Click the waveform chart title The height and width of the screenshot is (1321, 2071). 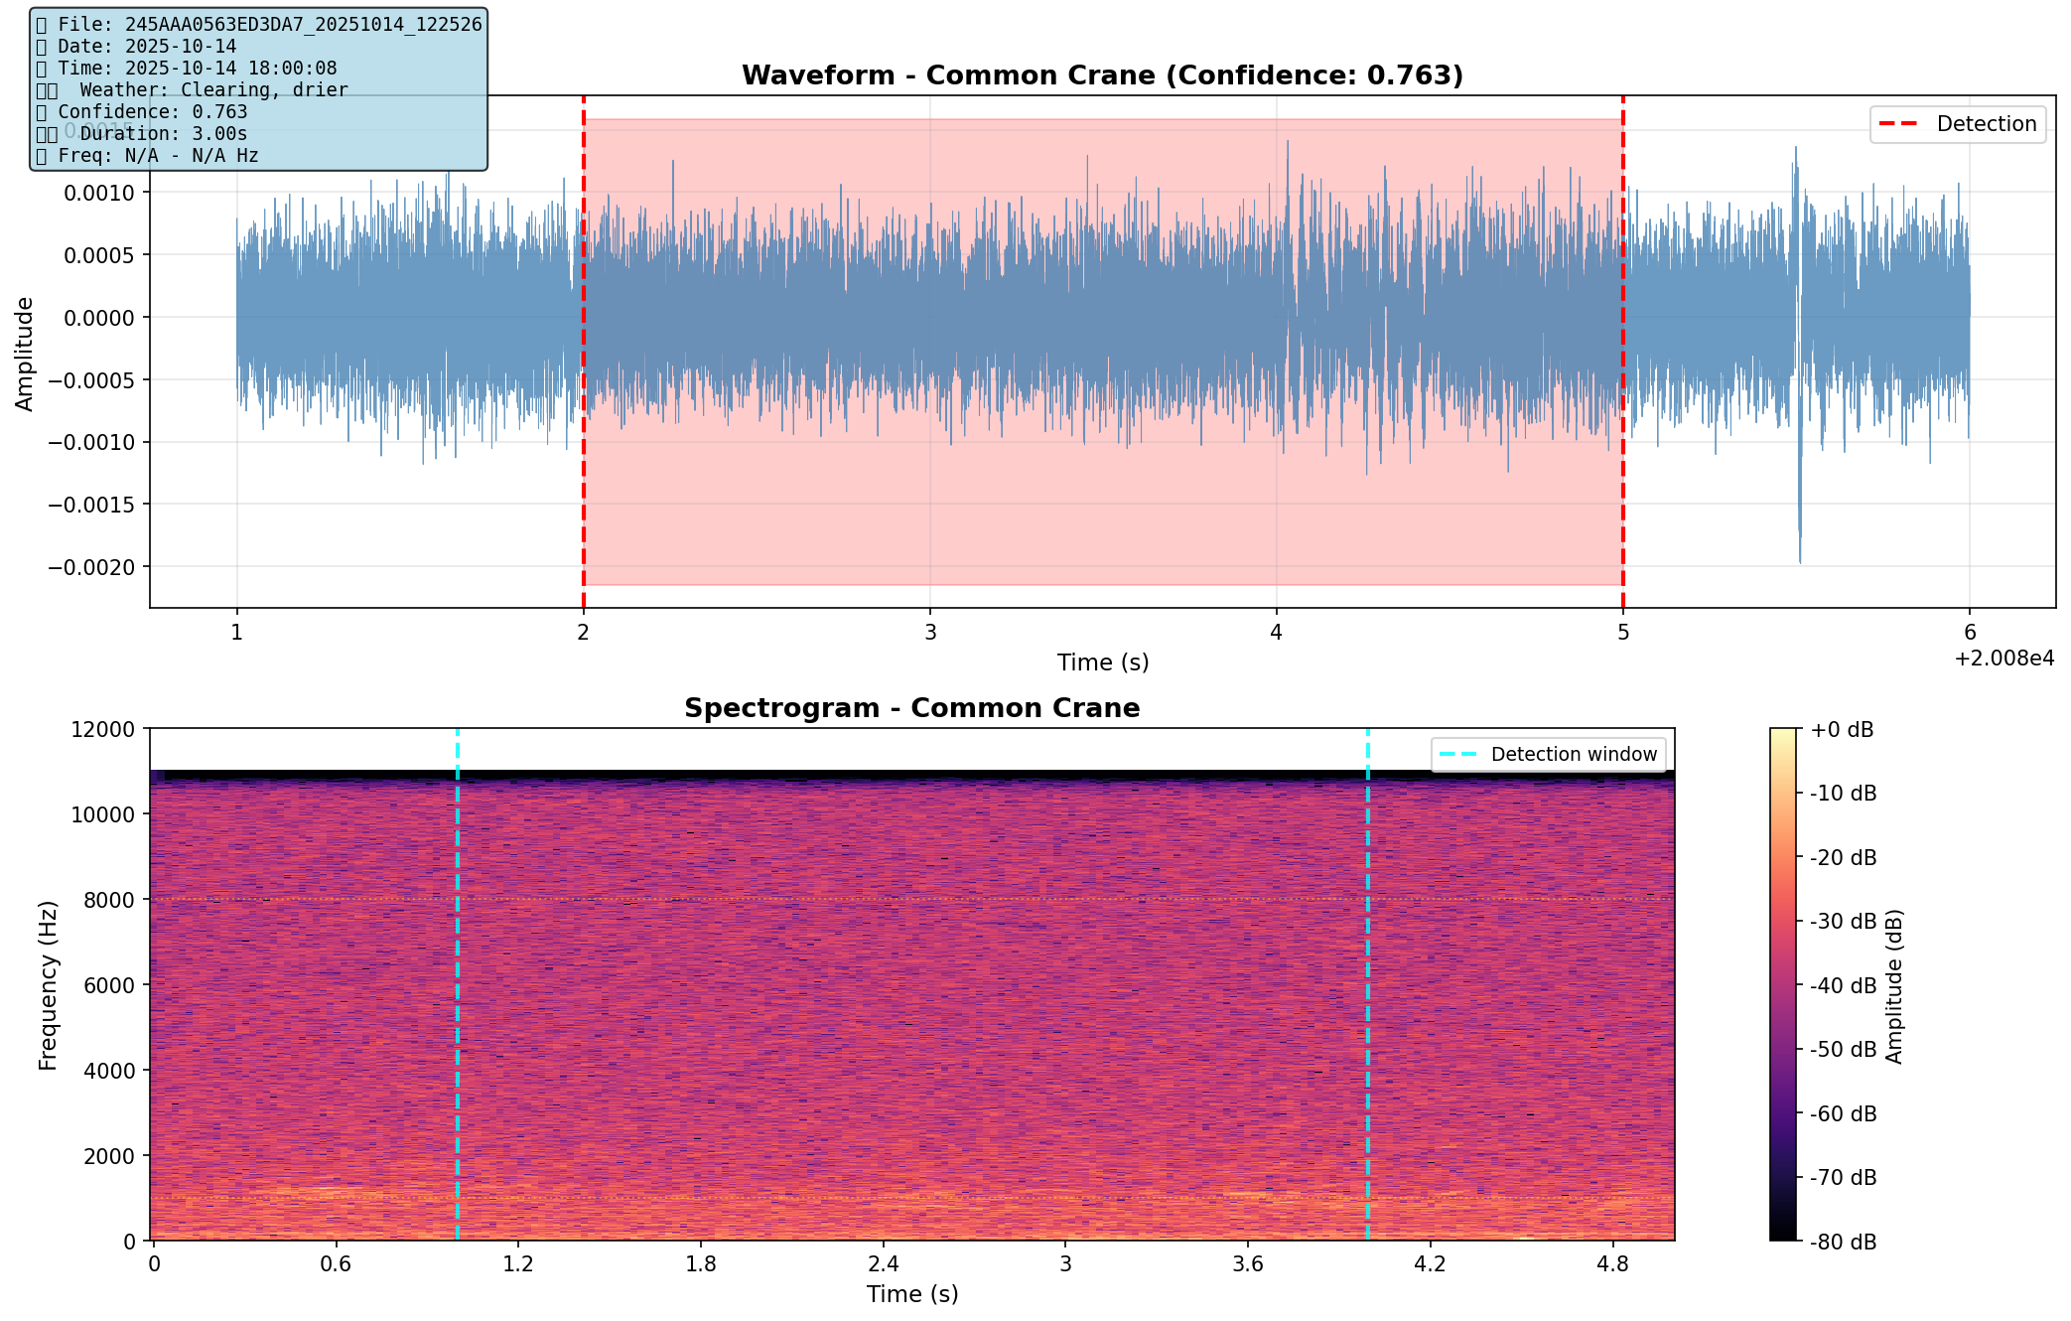[x=1102, y=75]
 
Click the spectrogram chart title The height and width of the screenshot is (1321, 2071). [x=911, y=708]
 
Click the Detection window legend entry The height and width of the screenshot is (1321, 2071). [x=1573, y=755]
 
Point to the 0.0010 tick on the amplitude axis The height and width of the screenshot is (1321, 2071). [x=98, y=193]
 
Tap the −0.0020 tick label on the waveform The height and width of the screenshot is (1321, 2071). [x=98, y=567]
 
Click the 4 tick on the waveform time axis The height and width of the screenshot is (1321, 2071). [x=1277, y=632]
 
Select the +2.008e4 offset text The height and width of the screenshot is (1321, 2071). [x=2003, y=659]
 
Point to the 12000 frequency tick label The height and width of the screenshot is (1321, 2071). [x=103, y=729]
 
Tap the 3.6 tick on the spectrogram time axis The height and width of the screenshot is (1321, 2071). [x=1248, y=1263]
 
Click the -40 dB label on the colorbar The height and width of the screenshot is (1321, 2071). [x=1843, y=985]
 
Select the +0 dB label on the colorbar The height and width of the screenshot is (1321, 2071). [x=1842, y=730]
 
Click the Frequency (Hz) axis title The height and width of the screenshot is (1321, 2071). [x=48, y=985]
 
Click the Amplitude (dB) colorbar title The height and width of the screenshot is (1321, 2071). [x=1893, y=985]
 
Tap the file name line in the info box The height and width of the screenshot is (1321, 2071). [x=268, y=24]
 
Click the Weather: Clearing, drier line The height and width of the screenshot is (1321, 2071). [x=213, y=89]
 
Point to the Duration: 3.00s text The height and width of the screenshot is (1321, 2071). [x=164, y=133]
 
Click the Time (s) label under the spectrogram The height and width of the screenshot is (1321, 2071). [x=911, y=1294]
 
